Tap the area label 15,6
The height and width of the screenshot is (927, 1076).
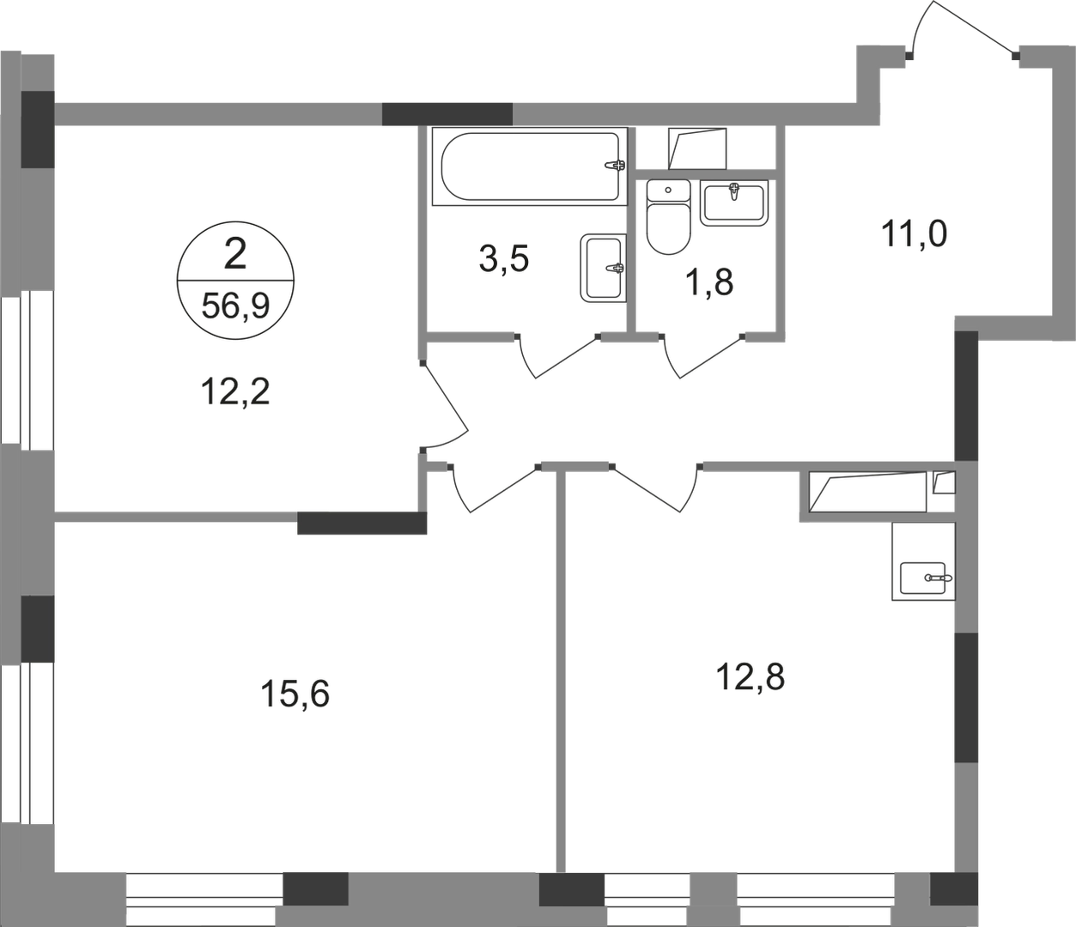293,692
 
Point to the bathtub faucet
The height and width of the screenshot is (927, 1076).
616,167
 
